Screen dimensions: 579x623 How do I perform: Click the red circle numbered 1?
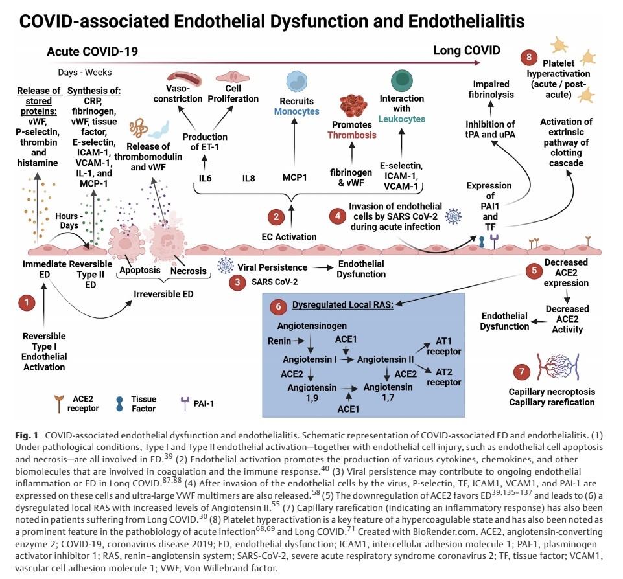(27, 302)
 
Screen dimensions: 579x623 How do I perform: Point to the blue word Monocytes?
(297, 111)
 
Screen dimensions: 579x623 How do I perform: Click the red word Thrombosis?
(352, 135)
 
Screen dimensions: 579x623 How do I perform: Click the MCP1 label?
(295, 177)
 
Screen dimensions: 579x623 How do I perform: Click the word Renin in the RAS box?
(279, 339)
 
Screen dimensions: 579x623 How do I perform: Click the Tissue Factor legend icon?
(121, 402)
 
